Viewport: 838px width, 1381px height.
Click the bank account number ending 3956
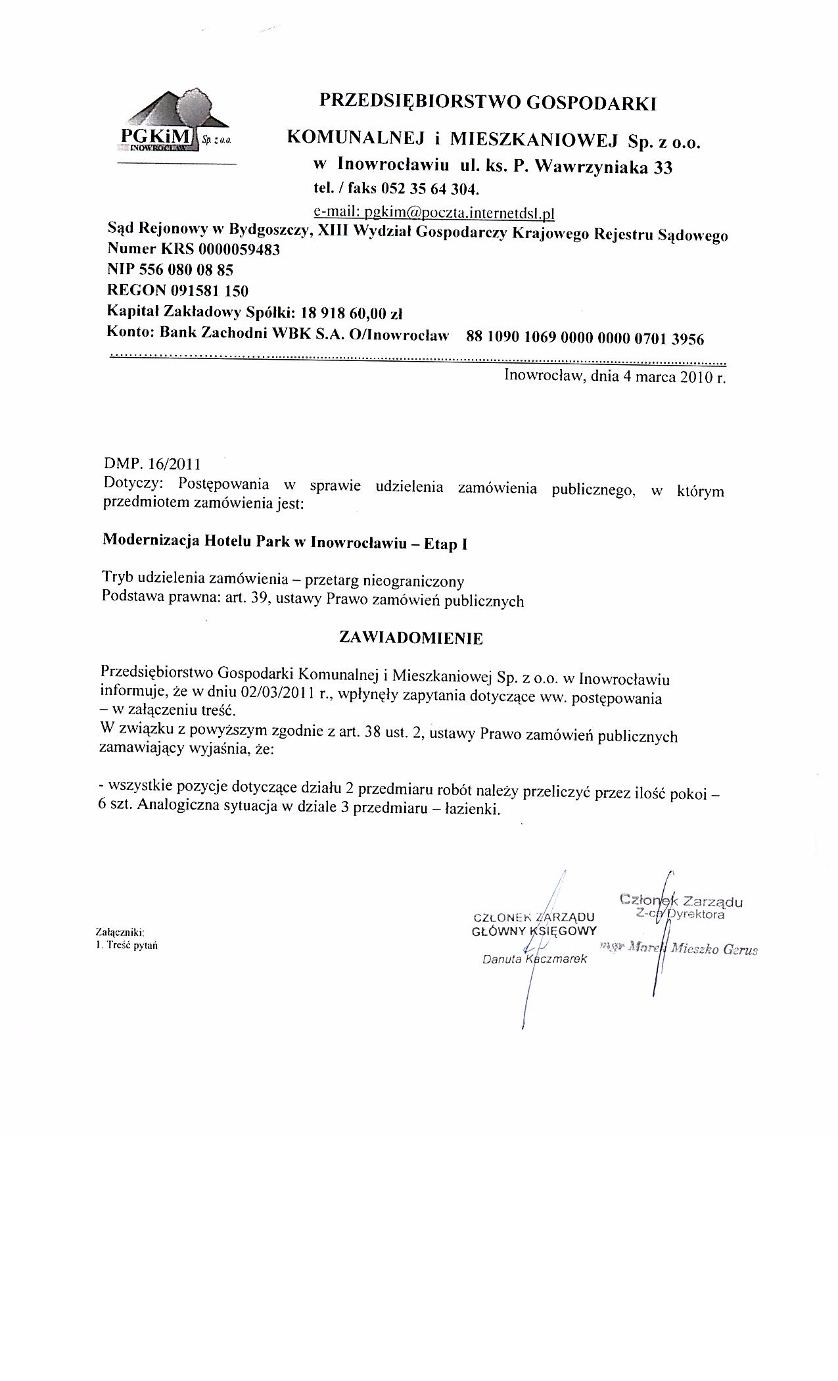(x=585, y=339)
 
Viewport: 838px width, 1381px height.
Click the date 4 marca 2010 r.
(x=670, y=377)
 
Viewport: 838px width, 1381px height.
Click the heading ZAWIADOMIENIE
(x=411, y=638)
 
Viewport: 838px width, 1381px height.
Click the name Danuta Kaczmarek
(x=534, y=959)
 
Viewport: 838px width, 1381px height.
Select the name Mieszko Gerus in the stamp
(x=714, y=950)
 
